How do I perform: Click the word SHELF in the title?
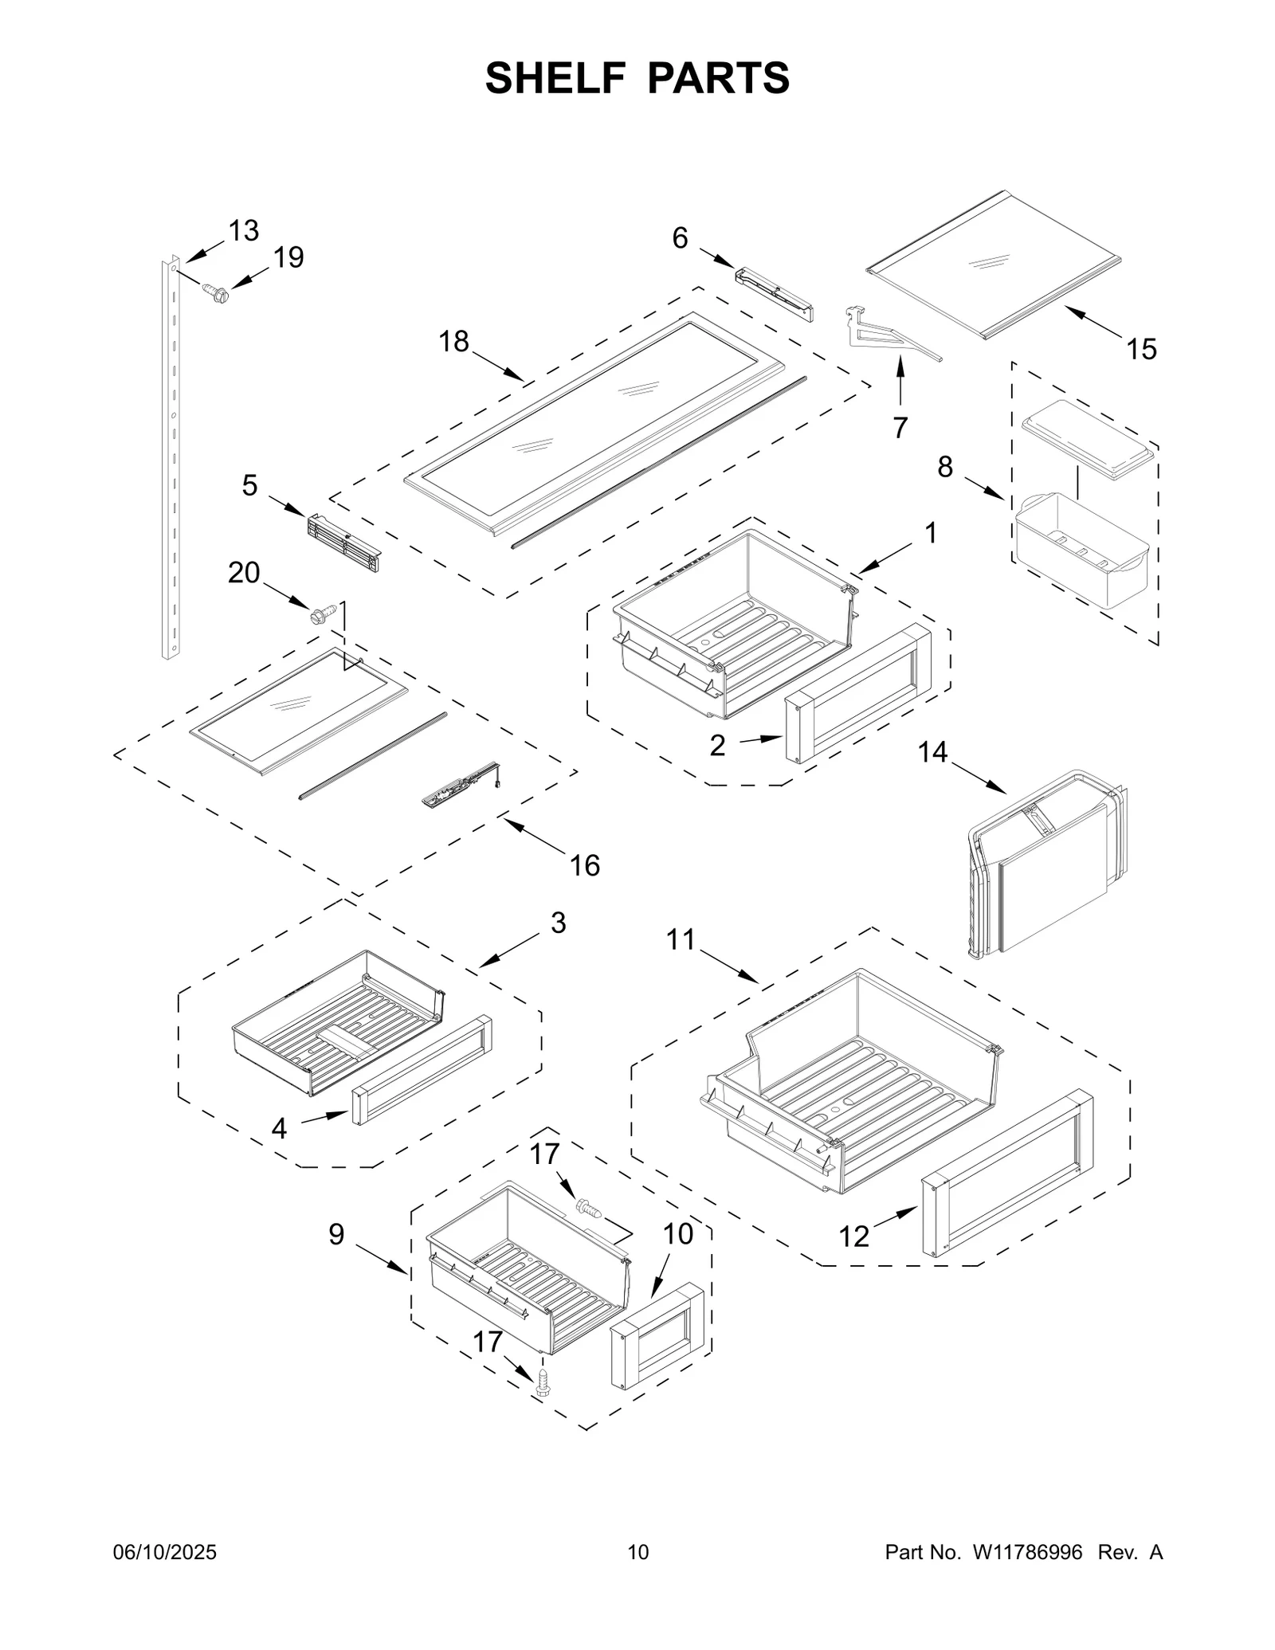553,78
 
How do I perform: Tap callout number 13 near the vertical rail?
244,231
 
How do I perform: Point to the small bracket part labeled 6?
773,295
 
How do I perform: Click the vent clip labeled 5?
343,543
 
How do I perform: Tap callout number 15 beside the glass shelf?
1141,349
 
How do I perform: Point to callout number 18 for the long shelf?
454,342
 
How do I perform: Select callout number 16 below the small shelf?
585,865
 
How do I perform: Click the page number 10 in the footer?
637,1574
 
